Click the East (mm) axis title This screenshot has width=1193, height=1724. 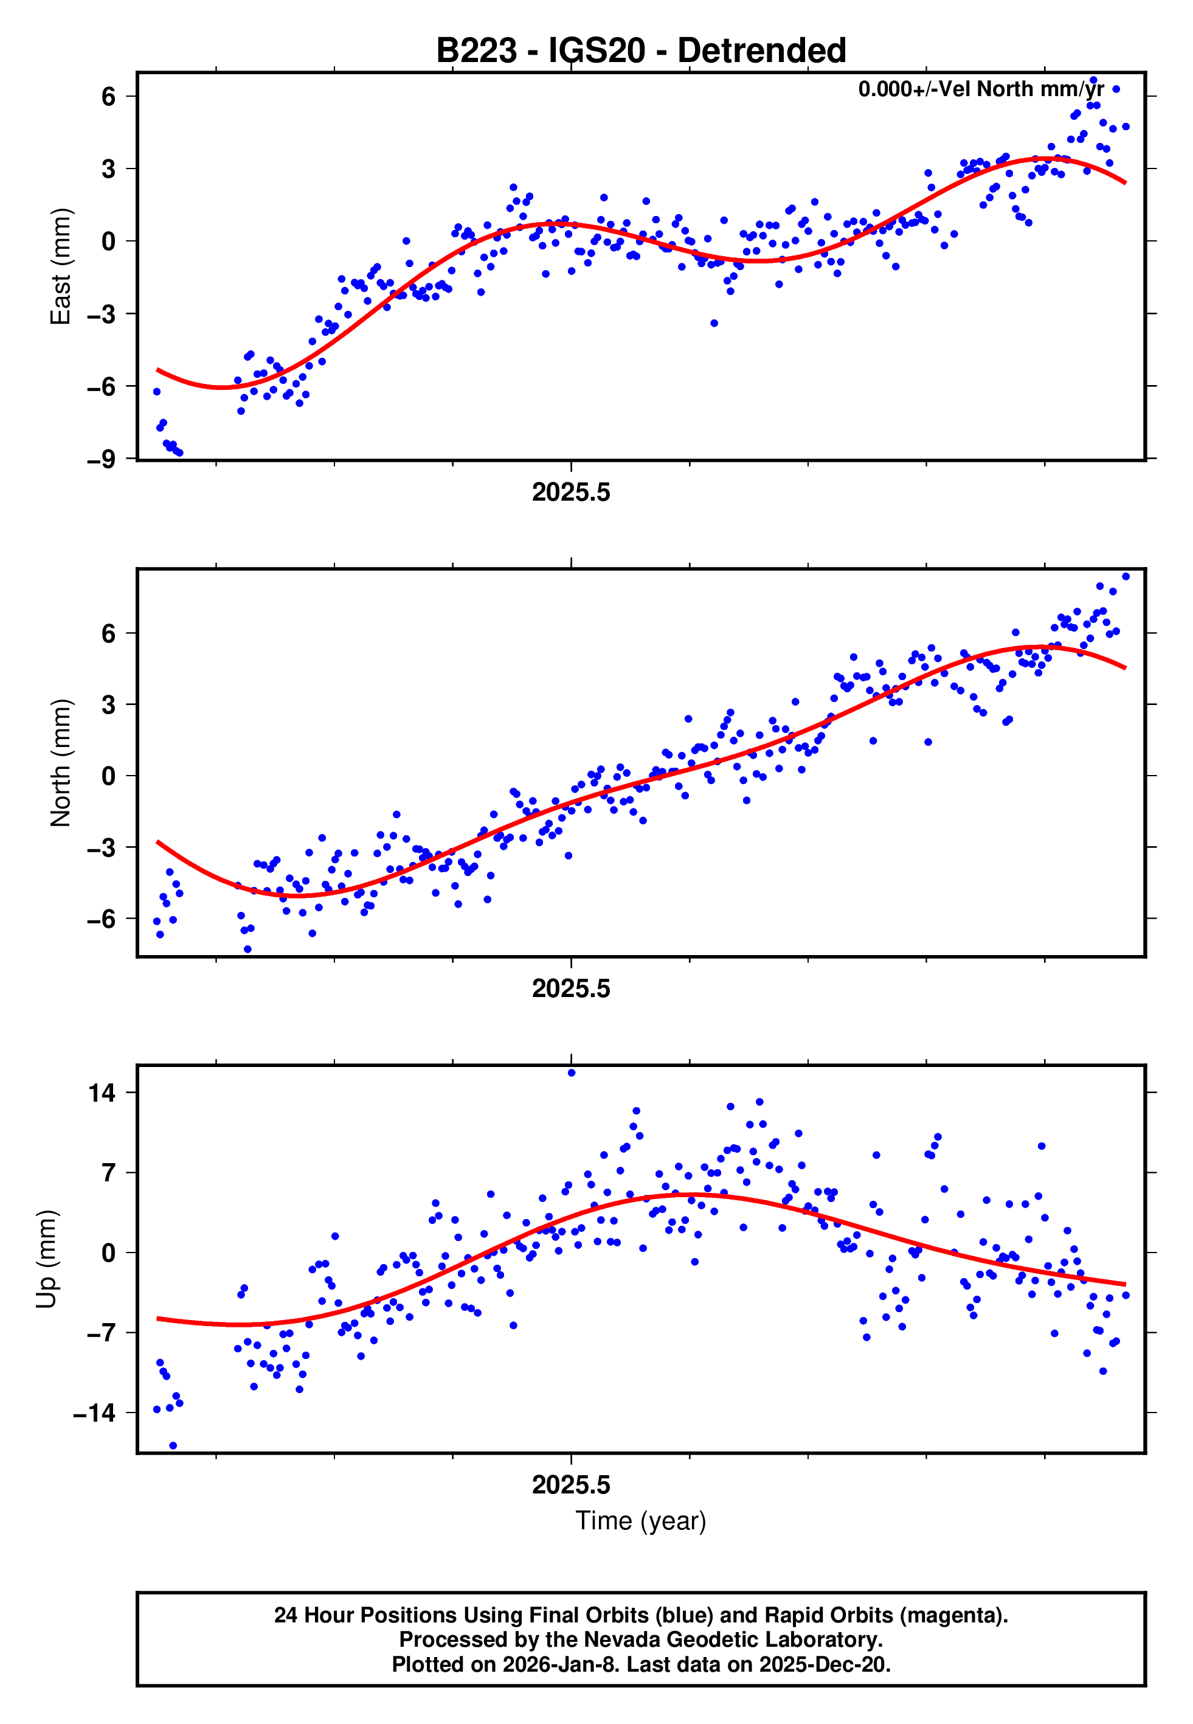tap(60, 267)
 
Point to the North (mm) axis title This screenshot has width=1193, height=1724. tap(60, 763)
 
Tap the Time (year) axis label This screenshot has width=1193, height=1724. tap(641, 1521)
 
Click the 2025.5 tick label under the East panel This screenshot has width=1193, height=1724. tap(571, 492)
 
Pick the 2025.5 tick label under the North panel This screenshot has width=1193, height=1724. tap(571, 989)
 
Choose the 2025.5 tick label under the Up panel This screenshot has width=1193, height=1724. tap(571, 1485)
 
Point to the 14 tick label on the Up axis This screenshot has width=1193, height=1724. tap(102, 1093)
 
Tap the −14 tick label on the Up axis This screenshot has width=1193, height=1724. tap(94, 1413)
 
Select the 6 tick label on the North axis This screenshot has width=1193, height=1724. tap(108, 633)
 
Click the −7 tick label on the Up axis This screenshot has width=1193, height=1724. tap(101, 1333)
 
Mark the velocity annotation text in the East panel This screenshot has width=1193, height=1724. tap(981, 89)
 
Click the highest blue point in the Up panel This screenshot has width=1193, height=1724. tap(572, 1073)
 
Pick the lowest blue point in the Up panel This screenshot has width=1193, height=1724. tap(173, 1446)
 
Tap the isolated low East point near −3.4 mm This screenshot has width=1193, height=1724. tap(714, 323)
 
